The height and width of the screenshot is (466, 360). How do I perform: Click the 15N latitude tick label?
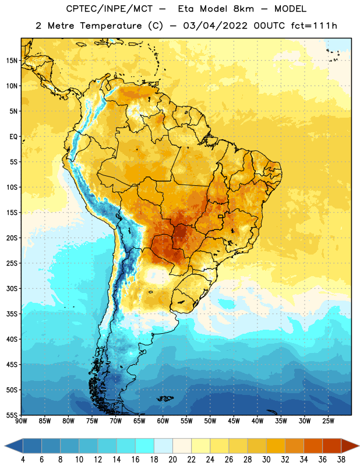[x=12, y=61]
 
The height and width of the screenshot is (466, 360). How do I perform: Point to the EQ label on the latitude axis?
[x=13, y=137]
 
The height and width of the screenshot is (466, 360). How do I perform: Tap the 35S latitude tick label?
[x=12, y=314]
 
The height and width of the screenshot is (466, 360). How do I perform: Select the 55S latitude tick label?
[x=12, y=415]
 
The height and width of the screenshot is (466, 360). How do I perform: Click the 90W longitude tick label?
[x=21, y=421]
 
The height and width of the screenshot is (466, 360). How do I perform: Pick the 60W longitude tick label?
[x=163, y=421]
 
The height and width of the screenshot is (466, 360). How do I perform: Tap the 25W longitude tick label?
[x=328, y=421]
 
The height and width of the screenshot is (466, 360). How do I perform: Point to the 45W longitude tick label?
[x=234, y=421]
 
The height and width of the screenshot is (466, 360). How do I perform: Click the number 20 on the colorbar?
[x=172, y=460]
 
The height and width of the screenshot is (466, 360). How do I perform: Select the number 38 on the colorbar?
[x=341, y=460]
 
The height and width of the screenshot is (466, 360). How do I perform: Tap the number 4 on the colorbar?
[x=23, y=460]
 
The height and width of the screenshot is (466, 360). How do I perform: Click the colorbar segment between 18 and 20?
[x=163, y=446]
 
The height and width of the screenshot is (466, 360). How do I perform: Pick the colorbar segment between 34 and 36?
[x=313, y=446]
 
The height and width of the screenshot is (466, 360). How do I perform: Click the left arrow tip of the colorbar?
[x=5, y=446]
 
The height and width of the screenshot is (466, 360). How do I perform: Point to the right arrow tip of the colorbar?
[x=359, y=446]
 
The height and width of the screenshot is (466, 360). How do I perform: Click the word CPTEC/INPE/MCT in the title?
[x=110, y=9]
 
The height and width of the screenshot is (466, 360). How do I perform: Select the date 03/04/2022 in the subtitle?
[x=215, y=26]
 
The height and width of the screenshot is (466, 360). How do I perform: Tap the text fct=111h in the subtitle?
[x=313, y=26]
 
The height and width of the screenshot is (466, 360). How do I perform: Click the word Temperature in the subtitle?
[x=111, y=26]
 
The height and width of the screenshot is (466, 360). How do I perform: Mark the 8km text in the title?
[x=243, y=9]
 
